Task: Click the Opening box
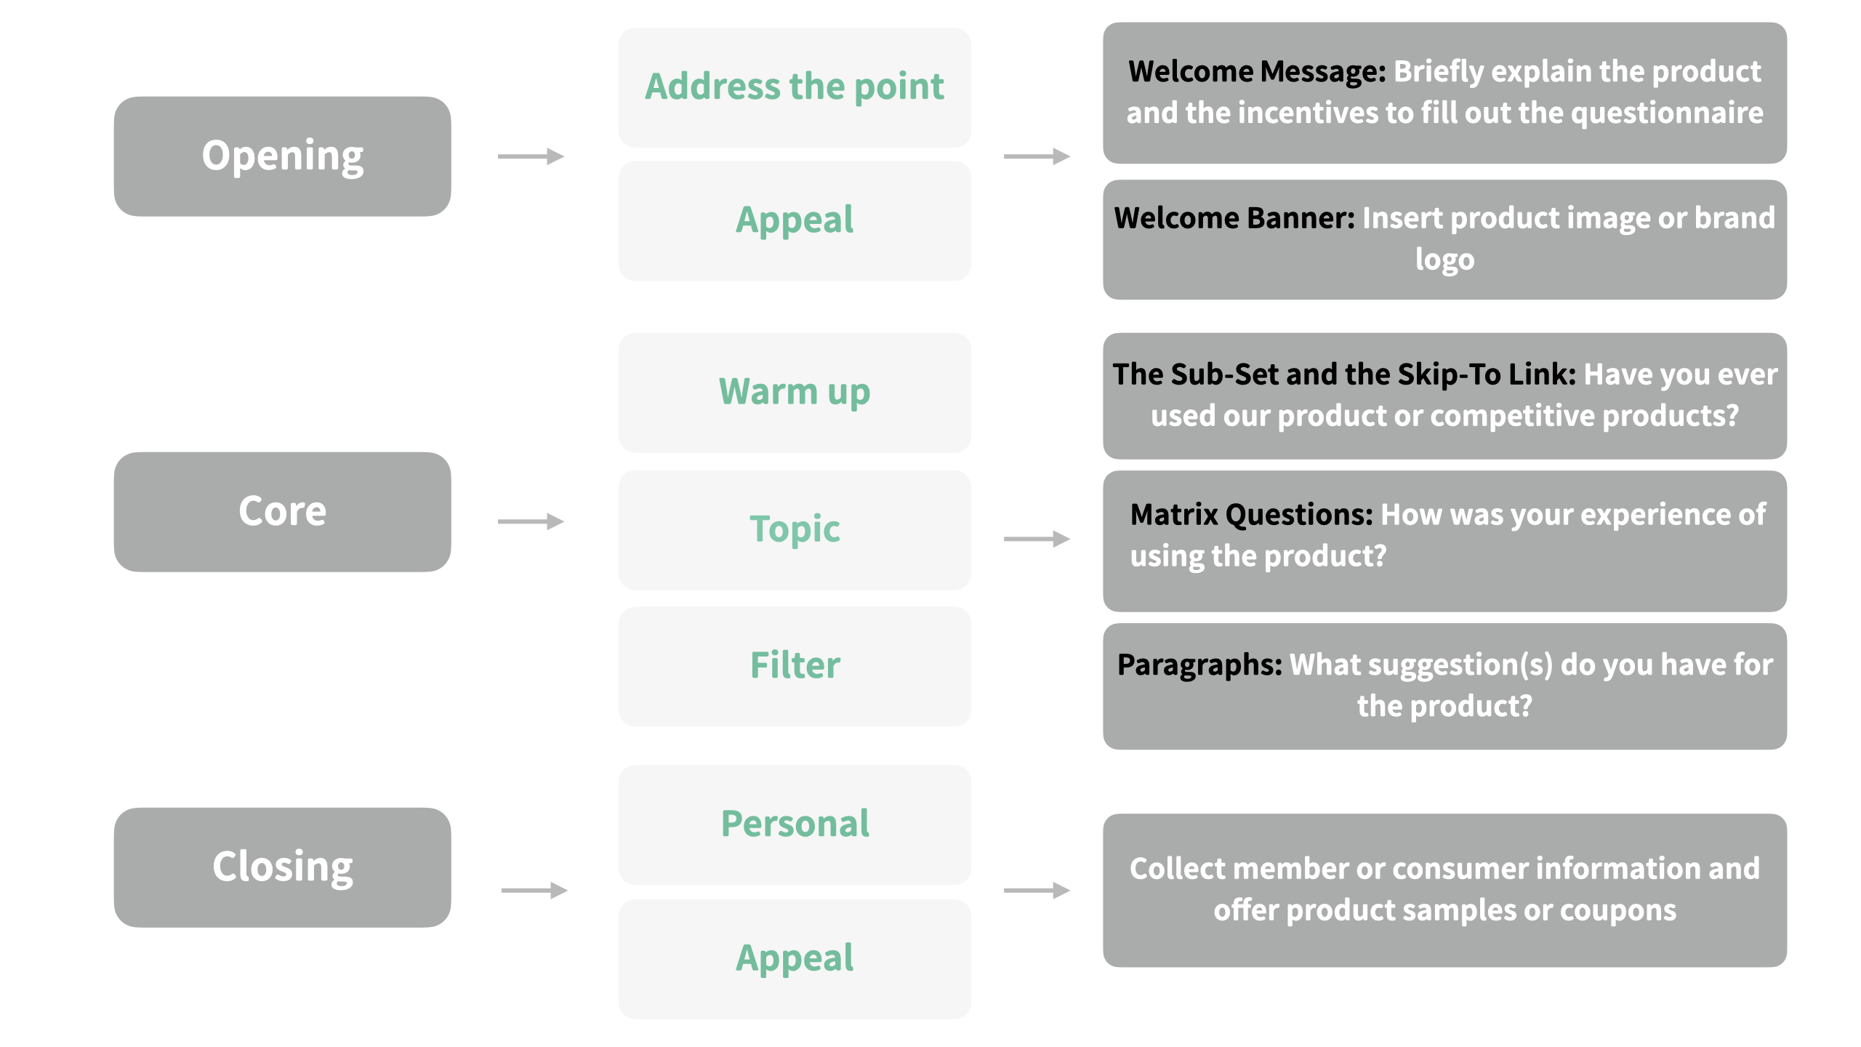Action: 282,156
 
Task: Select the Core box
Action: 282,512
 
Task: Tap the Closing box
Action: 282,867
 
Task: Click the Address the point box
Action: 794,87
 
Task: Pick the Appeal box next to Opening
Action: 794,220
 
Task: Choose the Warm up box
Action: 794,393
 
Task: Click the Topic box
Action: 794,529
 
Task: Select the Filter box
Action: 794,666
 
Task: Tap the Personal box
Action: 794,825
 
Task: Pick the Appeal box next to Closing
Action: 794,958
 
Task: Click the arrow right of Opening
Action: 531,156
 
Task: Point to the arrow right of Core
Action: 531,521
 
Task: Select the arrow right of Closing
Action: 534,890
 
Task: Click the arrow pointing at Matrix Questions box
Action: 1037,539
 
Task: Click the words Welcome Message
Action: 1257,71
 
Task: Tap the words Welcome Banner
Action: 1234,218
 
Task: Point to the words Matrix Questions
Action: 1251,515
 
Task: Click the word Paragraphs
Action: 1199,665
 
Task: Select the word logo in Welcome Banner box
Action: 1444,260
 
